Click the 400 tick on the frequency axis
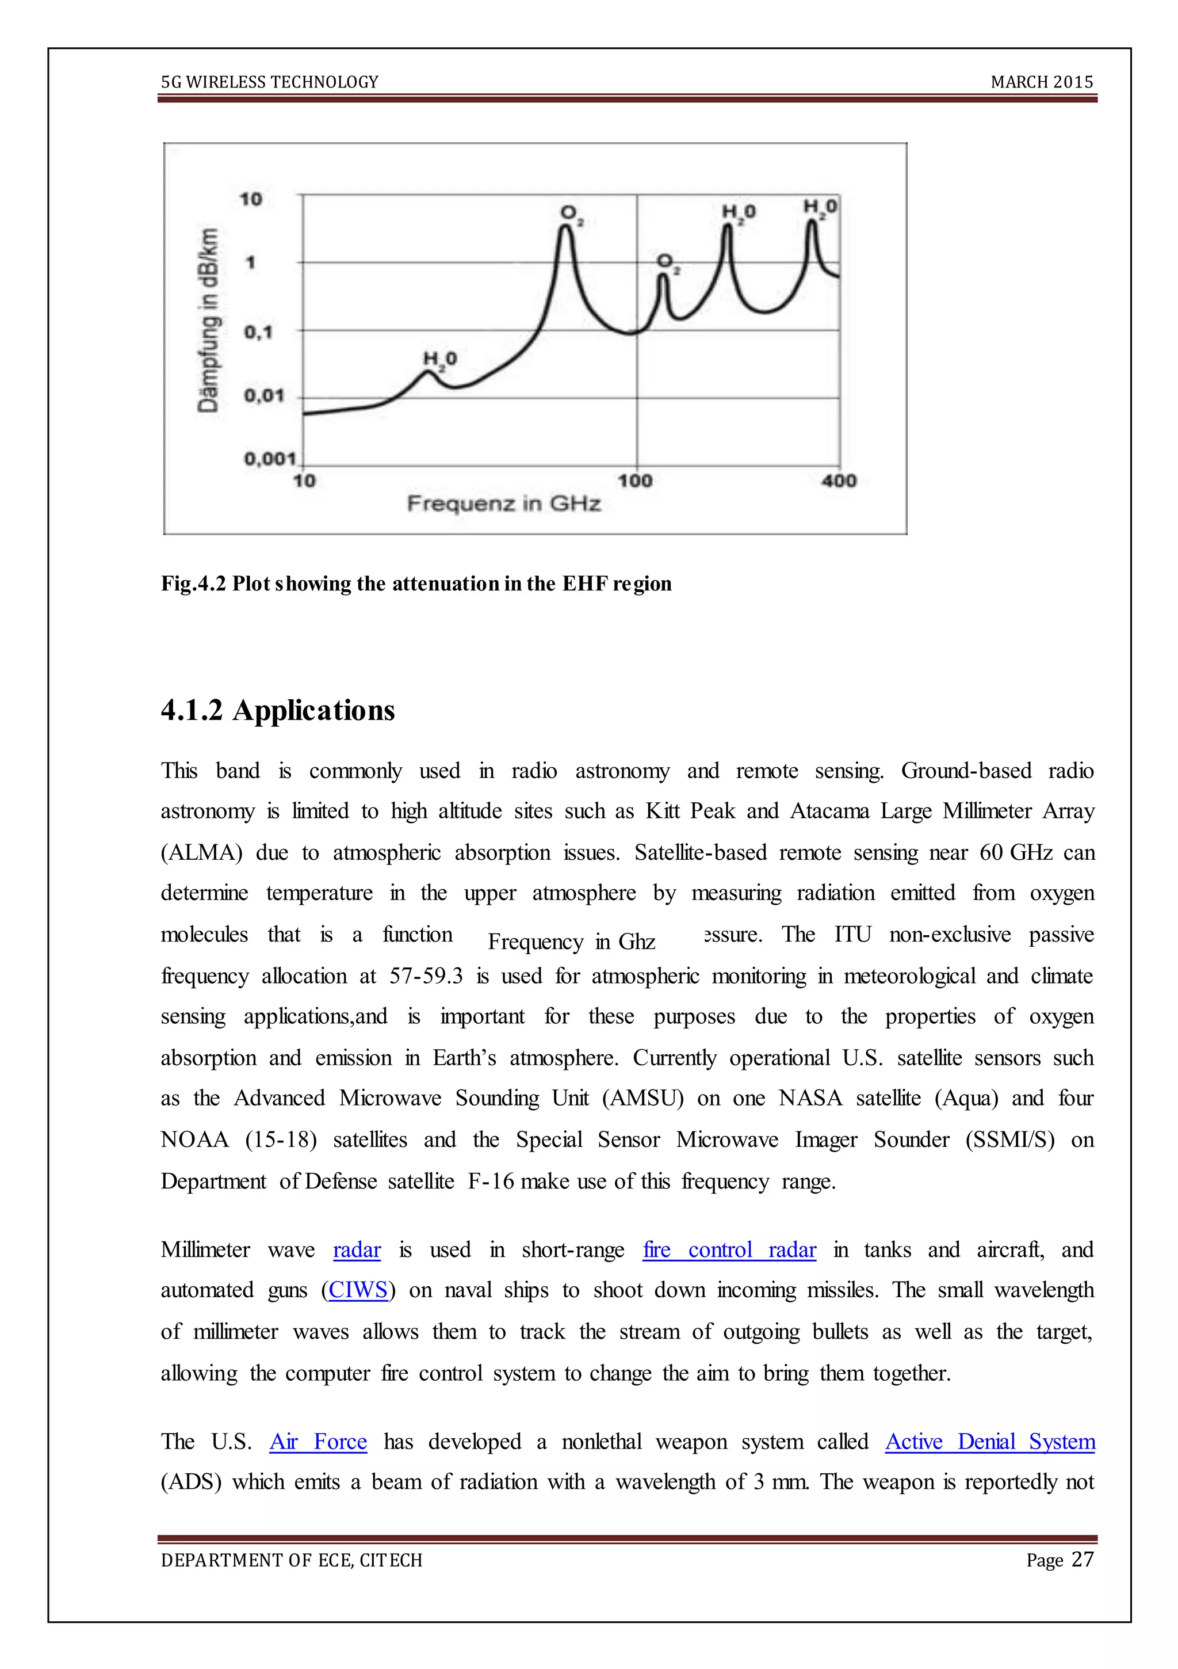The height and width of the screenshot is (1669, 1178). point(839,481)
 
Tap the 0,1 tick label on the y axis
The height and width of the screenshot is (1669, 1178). point(258,332)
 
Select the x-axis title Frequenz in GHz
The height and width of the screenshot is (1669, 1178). point(504,503)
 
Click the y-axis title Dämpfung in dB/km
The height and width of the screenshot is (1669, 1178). point(209,321)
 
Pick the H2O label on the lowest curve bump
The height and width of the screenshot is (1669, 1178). point(439,359)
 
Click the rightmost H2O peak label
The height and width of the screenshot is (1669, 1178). point(820,208)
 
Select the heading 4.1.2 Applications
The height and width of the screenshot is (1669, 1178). point(278,710)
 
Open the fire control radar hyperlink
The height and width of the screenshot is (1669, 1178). point(729,1249)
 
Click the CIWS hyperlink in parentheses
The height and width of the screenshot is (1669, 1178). point(358,1290)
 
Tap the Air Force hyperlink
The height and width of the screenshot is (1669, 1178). point(318,1442)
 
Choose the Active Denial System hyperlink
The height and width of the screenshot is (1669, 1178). point(990,1442)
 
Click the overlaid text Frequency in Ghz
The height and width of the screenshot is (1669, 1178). point(571,942)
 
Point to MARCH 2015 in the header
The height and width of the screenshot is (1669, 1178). point(1041,82)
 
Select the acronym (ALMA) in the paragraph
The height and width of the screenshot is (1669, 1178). point(201,853)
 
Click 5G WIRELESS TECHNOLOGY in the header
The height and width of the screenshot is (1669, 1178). point(270,82)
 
